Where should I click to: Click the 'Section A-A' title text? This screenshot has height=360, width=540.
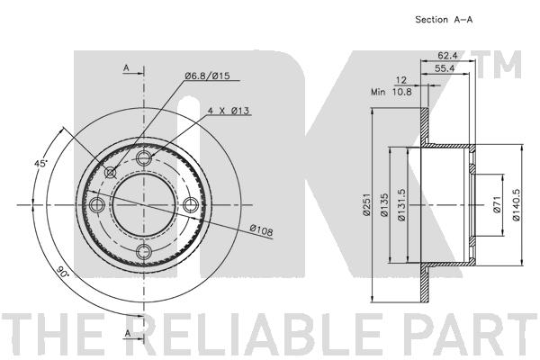click(444, 20)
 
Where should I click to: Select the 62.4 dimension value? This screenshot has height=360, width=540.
click(447, 55)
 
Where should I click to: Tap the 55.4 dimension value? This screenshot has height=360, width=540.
click(445, 68)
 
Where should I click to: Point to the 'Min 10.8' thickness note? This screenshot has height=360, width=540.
click(391, 92)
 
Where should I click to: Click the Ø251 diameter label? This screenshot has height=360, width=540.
click(366, 204)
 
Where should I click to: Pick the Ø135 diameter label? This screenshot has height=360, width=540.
click(384, 204)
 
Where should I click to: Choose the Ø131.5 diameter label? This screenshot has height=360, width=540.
click(401, 204)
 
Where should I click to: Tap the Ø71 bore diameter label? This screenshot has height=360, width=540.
click(496, 204)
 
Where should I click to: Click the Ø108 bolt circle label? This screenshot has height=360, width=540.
click(261, 230)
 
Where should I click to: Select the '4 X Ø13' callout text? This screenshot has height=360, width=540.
click(229, 111)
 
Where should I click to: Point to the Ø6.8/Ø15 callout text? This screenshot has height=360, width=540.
click(207, 76)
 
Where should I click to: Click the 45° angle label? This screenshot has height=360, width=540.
click(40, 163)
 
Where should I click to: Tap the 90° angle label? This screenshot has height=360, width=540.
click(62, 272)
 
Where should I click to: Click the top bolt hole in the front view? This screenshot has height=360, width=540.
click(144, 158)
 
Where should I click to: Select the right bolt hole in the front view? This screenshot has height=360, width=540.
click(190, 205)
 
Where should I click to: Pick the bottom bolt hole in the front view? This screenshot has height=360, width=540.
click(144, 252)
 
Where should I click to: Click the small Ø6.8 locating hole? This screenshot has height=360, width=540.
click(111, 172)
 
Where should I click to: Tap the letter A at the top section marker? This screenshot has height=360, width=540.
click(126, 67)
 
